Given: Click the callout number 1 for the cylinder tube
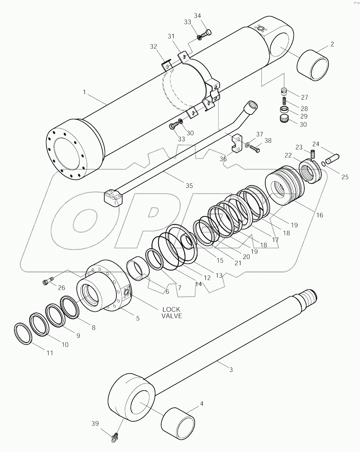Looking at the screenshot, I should click(84, 92).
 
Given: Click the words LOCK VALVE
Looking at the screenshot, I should click(171, 313).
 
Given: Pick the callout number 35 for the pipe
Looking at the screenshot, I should click(189, 186).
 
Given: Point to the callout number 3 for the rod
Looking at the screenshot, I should click(231, 370).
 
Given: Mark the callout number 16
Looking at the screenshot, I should click(319, 215).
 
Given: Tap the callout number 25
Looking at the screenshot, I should click(344, 177).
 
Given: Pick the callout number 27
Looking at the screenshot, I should click(304, 97).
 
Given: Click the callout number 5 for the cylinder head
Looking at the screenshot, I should click(137, 318).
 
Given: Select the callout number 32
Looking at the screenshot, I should click(153, 46).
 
